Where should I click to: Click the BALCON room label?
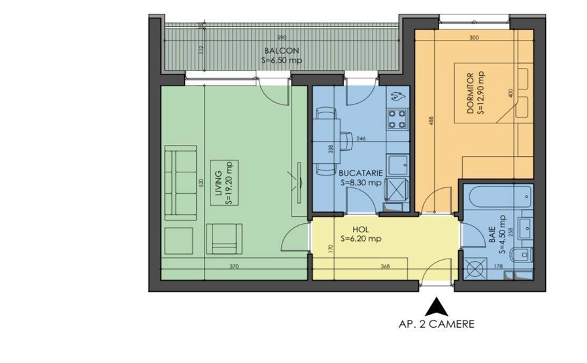pos(282,51)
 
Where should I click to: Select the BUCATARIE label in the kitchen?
pos(360,174)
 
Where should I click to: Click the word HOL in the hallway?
pos(360,230)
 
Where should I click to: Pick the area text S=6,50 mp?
pos(282,60)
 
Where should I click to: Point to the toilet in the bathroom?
pos(521,255)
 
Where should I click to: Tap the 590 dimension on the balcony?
pos(282,38)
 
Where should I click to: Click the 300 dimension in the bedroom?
pos(475,38)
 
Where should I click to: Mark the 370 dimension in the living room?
pos(234,266)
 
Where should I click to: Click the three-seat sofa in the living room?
pos(180,184)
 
